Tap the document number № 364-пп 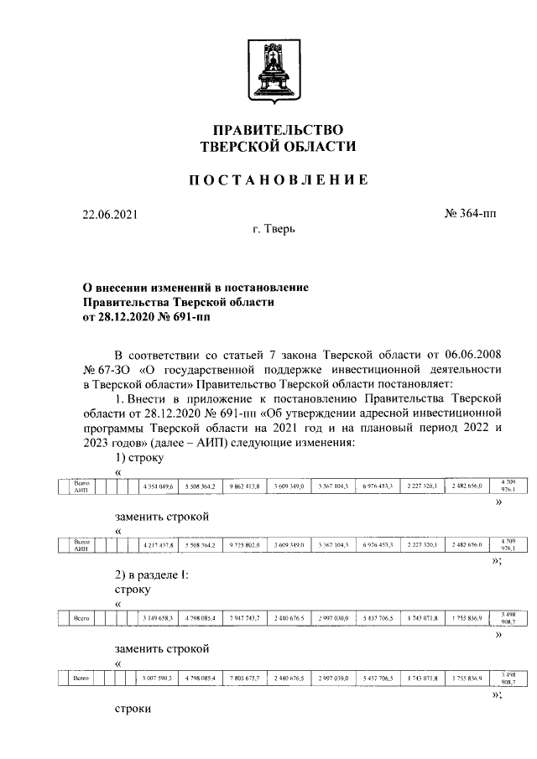470,215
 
